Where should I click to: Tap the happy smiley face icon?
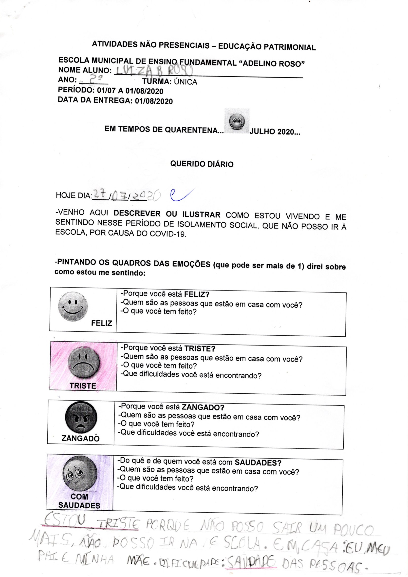click(73, 306)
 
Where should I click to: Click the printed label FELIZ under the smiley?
click(101, 323)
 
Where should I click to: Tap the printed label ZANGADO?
click(80, 439)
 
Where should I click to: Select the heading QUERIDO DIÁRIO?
click(202, 164)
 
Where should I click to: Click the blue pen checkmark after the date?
click(181, 195)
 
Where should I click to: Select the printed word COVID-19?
click(168, 234)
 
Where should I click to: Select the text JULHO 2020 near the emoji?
click(275, 132)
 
